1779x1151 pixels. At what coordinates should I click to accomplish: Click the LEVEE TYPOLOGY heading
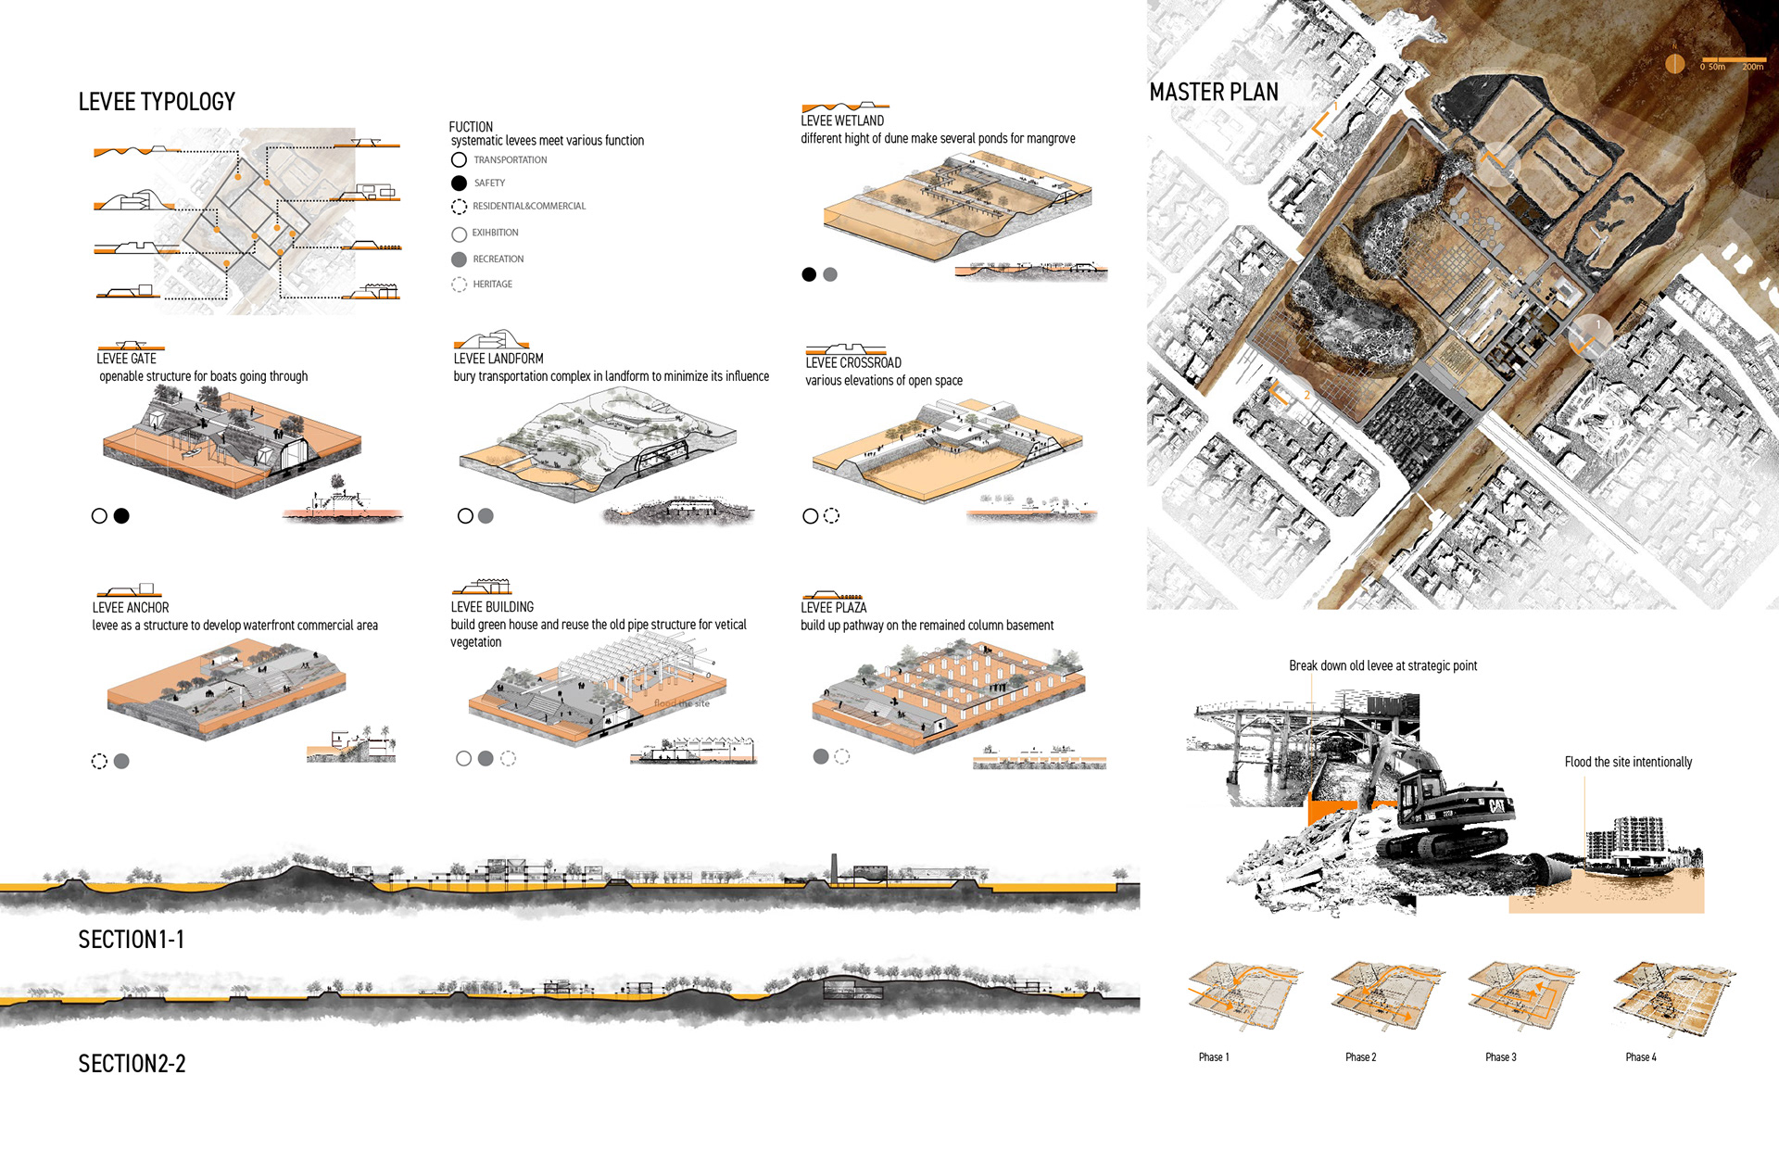[157, 101]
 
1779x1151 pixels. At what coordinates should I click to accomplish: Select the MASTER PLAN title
[1213, 92]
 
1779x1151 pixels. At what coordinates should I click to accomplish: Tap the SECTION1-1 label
[131, 940]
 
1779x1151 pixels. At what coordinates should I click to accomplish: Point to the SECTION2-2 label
[132, 1063]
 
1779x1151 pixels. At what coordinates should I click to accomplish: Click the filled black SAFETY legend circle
[459, 183]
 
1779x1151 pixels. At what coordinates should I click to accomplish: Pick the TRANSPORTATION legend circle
[459, 159]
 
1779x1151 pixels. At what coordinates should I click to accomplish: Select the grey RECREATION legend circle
[459, 259]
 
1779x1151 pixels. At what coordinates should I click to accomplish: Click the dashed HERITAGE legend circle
[459, 285]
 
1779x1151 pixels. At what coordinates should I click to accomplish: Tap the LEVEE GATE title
[126, 359]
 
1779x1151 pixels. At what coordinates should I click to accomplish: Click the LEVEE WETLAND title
[842, 120]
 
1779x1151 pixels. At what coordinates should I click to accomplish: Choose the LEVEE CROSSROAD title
[852, 362]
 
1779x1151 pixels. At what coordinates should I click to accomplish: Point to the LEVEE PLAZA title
[833, 607]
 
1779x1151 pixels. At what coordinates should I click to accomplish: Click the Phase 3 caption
[1500, 1057]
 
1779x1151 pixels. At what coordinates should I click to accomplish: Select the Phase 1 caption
[1213, 1057]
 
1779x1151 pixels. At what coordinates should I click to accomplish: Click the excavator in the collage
[1445, 816]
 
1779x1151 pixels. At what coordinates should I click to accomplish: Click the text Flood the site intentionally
[1628, 762]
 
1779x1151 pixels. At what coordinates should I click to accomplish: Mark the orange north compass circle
[1674, 63]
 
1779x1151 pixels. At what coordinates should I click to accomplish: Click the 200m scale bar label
[1752, 67]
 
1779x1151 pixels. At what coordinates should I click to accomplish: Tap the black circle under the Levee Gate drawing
[121, 516]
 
